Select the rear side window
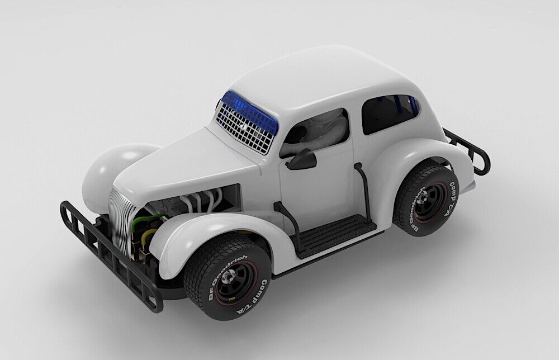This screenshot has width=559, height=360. coord(388,114)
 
